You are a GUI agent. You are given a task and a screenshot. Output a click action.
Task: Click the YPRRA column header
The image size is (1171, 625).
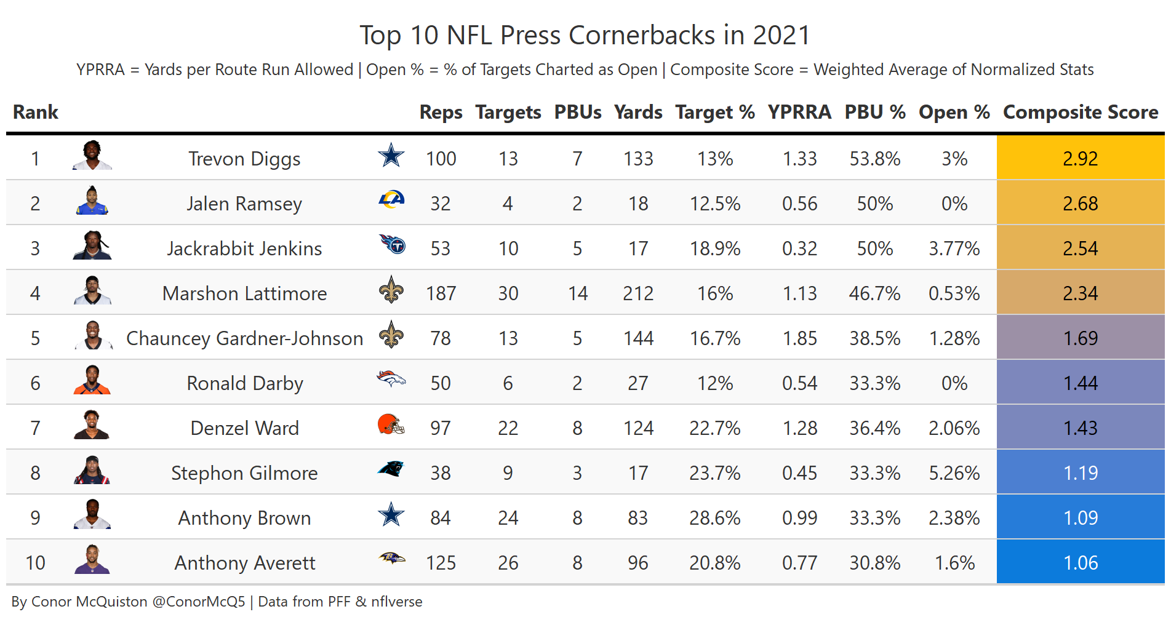tap(799, 112)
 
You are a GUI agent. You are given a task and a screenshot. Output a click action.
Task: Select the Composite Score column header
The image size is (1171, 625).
tap(1080, 112)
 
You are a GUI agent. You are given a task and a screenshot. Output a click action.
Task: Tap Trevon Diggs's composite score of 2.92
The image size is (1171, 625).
tap(1080, 159)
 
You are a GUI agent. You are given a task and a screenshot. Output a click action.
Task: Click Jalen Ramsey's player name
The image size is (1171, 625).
tap(244, 204)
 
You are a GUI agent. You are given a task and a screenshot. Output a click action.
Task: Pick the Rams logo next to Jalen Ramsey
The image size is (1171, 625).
tap(391, 200)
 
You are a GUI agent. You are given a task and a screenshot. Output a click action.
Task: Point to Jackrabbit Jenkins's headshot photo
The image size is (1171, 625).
tap(92, 246)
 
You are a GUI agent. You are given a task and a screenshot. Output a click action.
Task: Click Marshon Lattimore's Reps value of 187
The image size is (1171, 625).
tap(441, 293)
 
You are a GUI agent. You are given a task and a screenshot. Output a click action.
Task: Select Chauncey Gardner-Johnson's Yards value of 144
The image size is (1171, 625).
tap(638, 338)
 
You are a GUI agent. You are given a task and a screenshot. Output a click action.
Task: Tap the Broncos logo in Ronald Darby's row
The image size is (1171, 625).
tap(391, 379)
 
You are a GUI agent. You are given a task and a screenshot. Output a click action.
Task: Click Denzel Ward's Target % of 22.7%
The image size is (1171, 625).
tap(714, 428)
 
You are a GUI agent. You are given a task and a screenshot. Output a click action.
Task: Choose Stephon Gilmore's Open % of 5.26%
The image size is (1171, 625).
tap(954, 473)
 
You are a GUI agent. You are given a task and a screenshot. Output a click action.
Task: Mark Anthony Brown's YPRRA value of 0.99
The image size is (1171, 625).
tap(799, 518)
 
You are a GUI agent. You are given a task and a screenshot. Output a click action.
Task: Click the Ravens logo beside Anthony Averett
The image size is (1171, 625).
tap(391, 559)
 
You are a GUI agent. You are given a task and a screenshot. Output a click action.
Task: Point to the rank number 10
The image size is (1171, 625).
tap(35, 563)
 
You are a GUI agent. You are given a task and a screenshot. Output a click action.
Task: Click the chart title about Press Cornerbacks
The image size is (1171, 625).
tap(585, 36)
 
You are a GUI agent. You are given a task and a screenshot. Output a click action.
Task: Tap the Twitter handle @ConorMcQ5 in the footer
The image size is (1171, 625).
tap(198, 602)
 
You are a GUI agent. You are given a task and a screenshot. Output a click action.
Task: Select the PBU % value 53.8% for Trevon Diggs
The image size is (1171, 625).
tap(874, 159)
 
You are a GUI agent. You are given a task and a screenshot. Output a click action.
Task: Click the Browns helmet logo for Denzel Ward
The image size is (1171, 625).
tap(391, 424)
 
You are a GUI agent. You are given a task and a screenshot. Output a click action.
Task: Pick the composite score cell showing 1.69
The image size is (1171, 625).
tap(1080, 338)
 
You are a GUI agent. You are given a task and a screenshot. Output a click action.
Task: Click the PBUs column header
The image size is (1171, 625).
tap(577, 112)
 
